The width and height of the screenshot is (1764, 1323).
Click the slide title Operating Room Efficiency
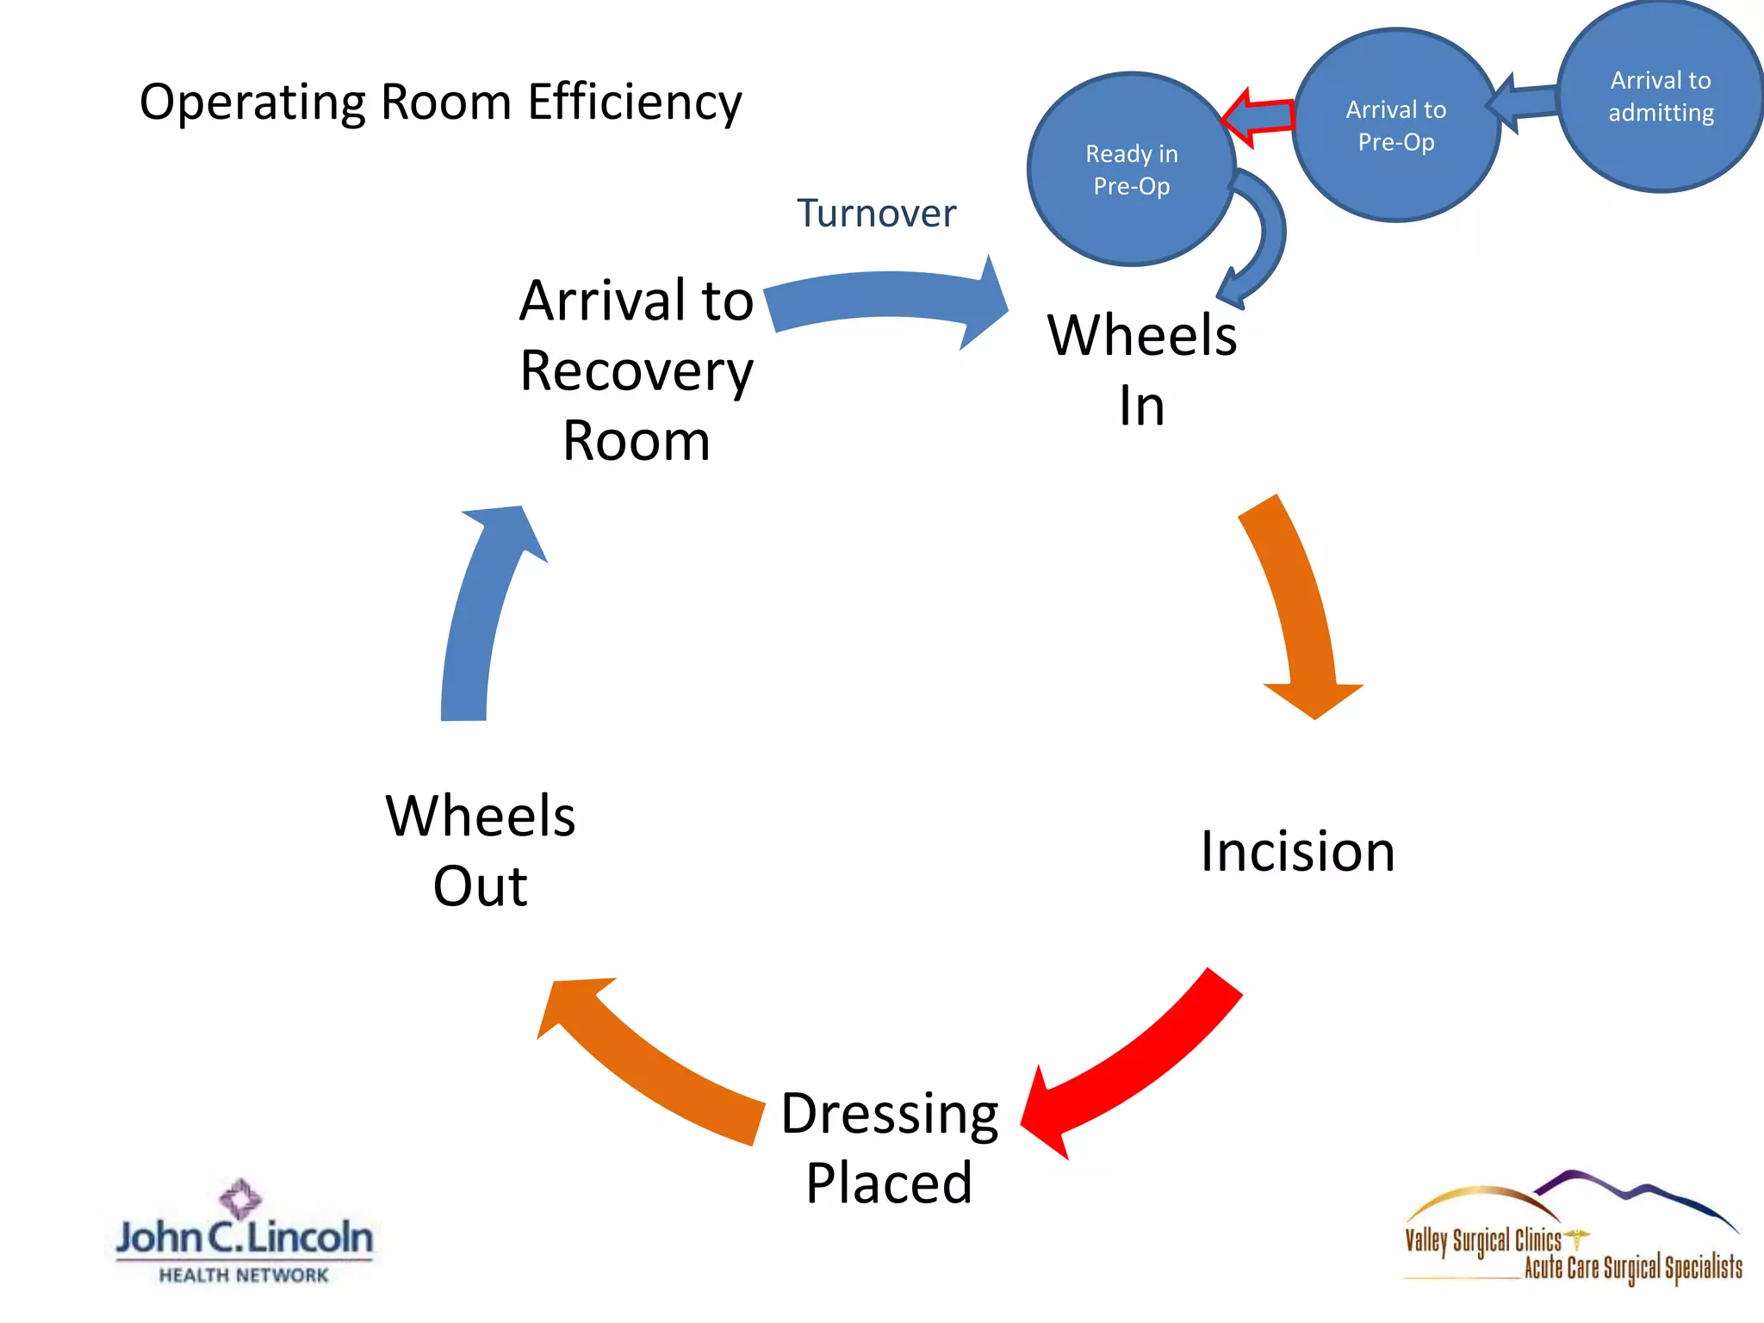click(440, 102)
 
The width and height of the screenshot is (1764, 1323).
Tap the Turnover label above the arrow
click(876, 214)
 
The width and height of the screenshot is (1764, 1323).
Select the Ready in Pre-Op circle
click(1130, 169)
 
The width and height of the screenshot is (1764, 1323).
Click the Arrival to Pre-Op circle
click(1395, 126)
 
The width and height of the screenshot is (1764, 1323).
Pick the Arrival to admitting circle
click(1661, 96)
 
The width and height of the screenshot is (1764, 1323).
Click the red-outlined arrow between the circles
click(1259, 117)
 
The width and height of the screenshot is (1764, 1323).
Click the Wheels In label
click(1142, 370)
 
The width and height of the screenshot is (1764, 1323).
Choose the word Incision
click(1297, 852)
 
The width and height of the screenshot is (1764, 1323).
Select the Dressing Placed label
click(889, 1147)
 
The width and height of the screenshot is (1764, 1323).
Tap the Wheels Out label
click(480, 850)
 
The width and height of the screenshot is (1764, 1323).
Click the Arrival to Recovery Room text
click(637, 370)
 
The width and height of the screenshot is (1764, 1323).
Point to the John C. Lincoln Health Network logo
click(244, 1233)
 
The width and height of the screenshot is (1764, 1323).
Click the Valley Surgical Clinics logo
click(1572, 1232)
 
